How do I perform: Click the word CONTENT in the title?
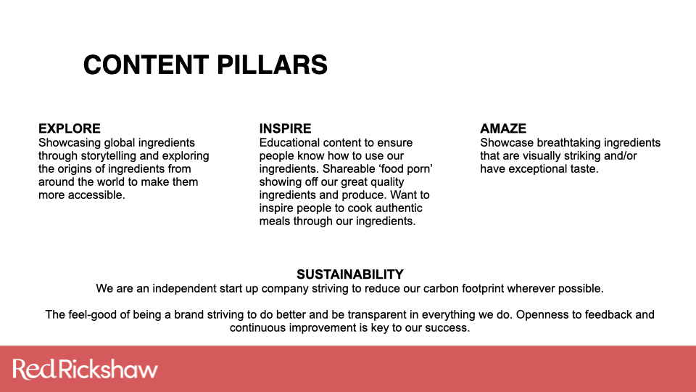(146, 65)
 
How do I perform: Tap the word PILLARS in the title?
(272, 65)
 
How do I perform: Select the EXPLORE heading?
(70, 128)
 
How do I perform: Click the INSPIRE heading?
(286, 128)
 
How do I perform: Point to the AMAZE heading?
(503, 128)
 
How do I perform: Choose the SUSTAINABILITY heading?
(350, 274)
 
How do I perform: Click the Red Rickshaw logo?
(86, 369)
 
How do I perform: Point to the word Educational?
(289, 143)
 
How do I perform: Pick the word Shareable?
(344, 169)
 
